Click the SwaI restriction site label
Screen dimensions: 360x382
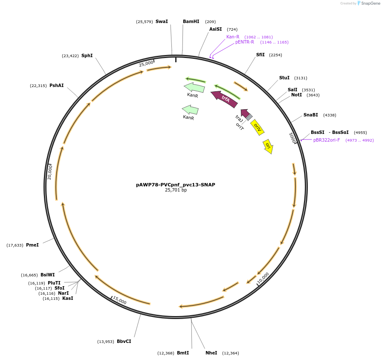coord(162,21)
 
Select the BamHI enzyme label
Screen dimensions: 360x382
coord(191,21)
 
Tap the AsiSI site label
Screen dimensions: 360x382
coord(215,29)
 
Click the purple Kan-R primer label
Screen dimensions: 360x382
coord(233,37)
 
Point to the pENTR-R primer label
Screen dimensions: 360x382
coord(245,42)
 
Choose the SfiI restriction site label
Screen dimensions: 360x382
coord(260,55)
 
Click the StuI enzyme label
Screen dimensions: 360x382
coord(284,78)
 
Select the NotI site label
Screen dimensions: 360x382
coord(296,95)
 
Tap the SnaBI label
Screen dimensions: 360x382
coord(310,115)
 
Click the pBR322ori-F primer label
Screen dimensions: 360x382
coord(327,140)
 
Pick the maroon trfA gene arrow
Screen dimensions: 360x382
coord(225,99)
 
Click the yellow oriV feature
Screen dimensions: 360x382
coord(258,127)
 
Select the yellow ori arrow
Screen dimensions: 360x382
coord(268,146)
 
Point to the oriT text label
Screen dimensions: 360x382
coord(240,126)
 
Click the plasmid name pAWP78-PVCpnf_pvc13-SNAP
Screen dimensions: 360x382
coord(176,185)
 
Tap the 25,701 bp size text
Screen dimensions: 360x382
coord(176,190)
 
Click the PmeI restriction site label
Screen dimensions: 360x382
coord(32,245)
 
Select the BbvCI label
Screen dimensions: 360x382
coord(124,341)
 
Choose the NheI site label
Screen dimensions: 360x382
coord(211,353)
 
